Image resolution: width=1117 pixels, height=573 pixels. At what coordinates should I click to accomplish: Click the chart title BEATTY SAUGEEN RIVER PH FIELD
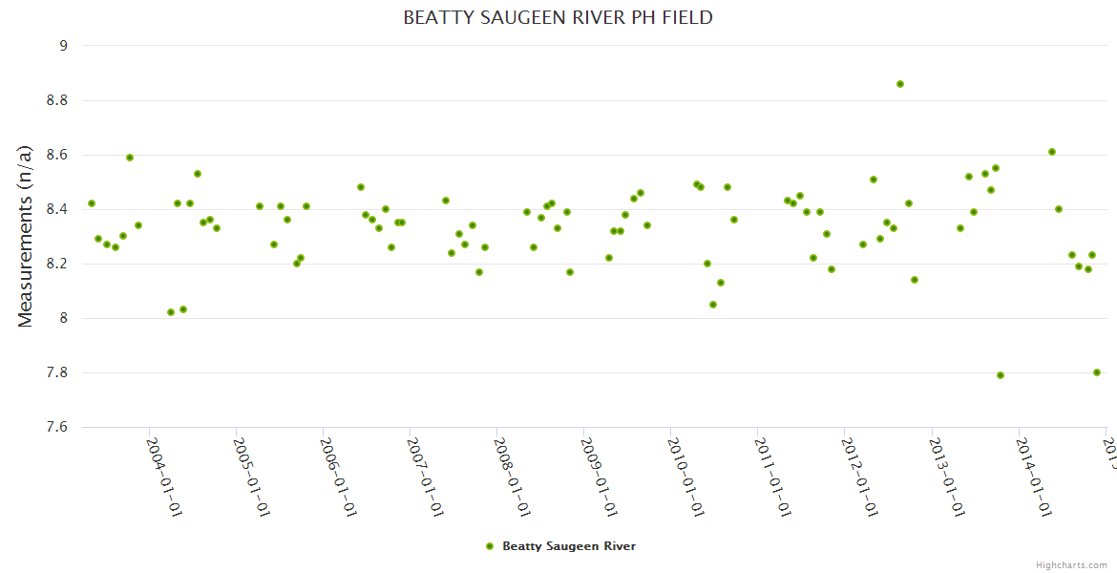pyautogui.click(x=558, y=17)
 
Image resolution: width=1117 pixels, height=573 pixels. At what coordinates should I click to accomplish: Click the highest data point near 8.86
pyautogui.click(x=900, y=84)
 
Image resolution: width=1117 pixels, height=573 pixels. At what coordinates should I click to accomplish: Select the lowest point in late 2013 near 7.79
pyautogui.click(x=1001, y=375)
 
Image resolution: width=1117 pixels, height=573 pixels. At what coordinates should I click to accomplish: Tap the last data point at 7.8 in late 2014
pyautogui.click(x=1097, y=372)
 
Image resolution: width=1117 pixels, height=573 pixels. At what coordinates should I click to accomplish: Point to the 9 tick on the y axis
pyautogui.click(x=63, y=45)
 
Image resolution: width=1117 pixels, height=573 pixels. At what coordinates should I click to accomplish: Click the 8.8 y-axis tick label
pyautogui.click(x=56, y=100)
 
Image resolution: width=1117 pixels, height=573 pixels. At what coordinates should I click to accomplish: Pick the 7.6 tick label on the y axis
pyautogui.click(x=56, y=427)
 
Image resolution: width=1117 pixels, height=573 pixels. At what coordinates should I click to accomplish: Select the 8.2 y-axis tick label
pyautogui.click(x=56, y=264)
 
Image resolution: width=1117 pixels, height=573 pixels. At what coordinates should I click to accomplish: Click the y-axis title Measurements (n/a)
pyautogui.click(x=26, y=237)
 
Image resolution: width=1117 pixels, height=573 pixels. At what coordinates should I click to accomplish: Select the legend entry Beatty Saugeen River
pyautogui.click(x=568, y=546)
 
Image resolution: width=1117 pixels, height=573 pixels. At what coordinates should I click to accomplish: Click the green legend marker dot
pyautogui.click(x=490, y=546)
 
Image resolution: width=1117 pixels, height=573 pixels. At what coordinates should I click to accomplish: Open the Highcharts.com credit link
pyautogui.click(x=1071, y=564)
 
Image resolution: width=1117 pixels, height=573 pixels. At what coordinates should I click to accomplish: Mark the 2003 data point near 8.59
pyautogui.click(x=130, y=158)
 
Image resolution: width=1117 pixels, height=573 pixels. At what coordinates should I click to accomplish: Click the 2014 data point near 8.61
pyautogui.click(x=1052, y=152)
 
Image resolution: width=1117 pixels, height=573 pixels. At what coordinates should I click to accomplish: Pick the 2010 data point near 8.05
pyautogui.click(x=713, y=305)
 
